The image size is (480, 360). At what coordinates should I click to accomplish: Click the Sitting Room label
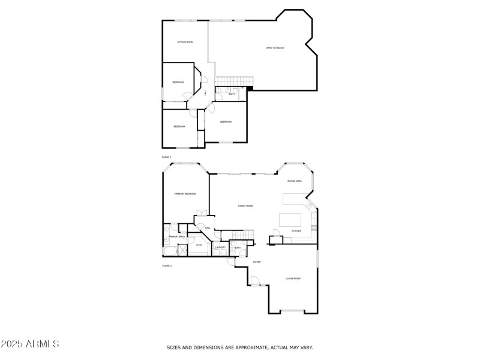tap(185, 42)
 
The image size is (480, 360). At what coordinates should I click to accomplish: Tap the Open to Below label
tap(275, 47)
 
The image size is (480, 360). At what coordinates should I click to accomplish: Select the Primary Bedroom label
tap(185, 194)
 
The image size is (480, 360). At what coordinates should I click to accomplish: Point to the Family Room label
tap(245, 206)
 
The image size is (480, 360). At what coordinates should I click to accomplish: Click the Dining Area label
tap(294, 181)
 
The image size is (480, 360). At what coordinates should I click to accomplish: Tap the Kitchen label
tap(296, 230)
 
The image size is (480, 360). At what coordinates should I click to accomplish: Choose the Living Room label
tap(293, 278)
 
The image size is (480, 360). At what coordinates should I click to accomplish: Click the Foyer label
tap(256, 262)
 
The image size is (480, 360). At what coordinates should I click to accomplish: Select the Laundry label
tap(220, 247)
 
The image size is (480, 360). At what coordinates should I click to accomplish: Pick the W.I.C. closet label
tap(199, 245)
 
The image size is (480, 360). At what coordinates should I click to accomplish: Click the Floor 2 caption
tap(166, 157)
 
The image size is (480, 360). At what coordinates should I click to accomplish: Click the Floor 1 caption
tap(166, 265)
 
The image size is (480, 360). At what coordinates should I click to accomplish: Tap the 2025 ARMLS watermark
tap(29, 344)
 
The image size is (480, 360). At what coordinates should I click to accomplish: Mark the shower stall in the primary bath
tap(166, 229)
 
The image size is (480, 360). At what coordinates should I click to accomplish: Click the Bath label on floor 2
tap(232, 94)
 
